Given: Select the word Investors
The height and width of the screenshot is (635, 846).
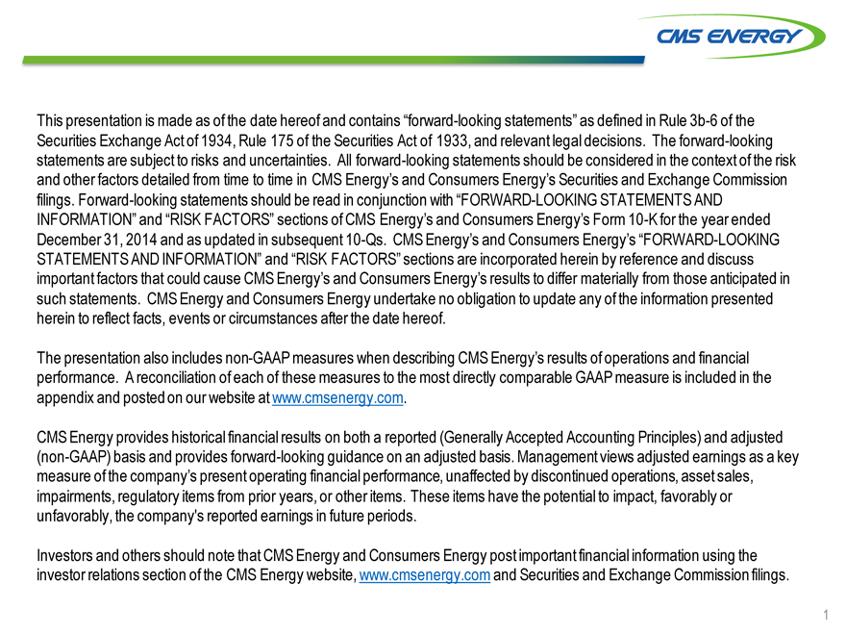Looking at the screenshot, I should [x=65, y=555].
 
